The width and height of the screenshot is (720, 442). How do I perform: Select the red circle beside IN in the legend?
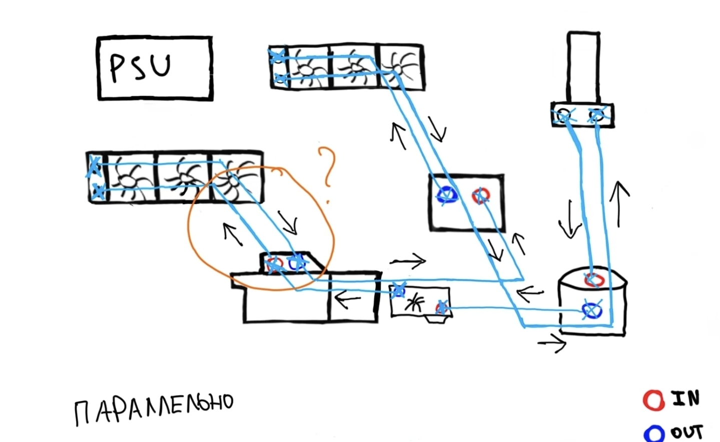tap(653, 400)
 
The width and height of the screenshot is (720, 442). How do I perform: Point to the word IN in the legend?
tap(685, 398)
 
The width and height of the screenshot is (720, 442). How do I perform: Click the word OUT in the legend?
tap(686, 431)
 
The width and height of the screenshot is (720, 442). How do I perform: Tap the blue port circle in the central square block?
tap(446, 195)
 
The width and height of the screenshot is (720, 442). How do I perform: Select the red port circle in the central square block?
tap(481, 195)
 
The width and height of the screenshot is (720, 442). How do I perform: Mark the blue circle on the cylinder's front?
tap(592, 311)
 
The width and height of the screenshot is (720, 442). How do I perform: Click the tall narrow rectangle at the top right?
tap(583, 67)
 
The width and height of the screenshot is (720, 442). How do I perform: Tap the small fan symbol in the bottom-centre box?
tap(415, 303)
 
